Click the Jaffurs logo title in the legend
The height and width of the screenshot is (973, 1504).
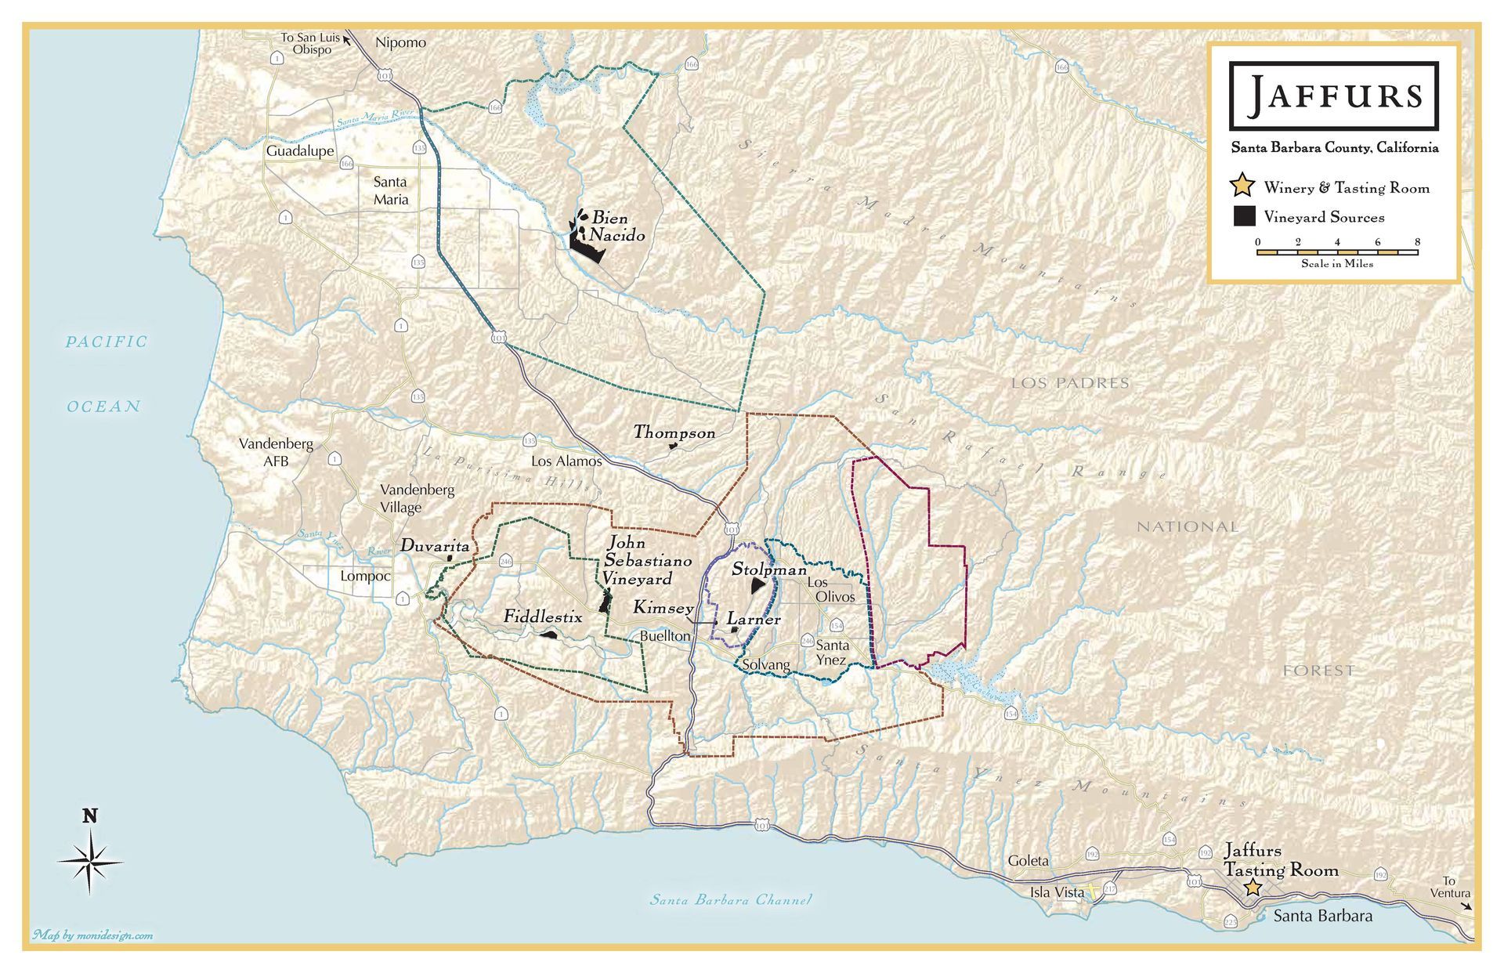pyautogui.click(x=1334, y=96)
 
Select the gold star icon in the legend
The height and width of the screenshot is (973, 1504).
pyautogui.click(x=1242, y=186)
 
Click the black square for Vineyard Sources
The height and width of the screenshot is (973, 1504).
pyautogui.click(x=1244, y=217)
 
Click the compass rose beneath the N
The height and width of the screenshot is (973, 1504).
pyautogui.click(x=90, y=862)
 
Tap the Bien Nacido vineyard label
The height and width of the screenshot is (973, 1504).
pyautogui.click(x=617, y=226)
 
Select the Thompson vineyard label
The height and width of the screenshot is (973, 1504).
pyautogui.click(x=674, y=432)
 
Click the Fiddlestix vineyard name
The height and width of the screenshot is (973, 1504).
pyautogui.click(x=543, y=617)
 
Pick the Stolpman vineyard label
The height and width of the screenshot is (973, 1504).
pyautogui.click(x=768, y=570)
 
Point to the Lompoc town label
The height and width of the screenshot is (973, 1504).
pyautogui.click(x=365, y=577)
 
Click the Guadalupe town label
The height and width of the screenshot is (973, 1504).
pyautogui.click(x=300, y=151)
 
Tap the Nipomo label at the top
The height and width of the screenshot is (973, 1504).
pyautogui.click(x=400, y=42)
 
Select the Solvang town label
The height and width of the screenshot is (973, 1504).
pyautogui.click(x=766, y=665)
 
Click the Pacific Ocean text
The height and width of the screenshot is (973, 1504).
pyautogui.click(x=105, y=374)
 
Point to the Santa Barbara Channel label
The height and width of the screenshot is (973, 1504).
pyautogui.click(x=731, y=899)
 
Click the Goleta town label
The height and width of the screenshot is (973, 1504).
pyautogui.click(x=1028, y=860)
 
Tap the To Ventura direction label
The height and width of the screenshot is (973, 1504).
pyautogui.click(x=1450, y=887)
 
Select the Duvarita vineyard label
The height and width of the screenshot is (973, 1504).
pyautogui.click(x=435, y=546)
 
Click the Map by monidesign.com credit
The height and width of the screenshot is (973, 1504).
pyautogui.click(x=92, y=935)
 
